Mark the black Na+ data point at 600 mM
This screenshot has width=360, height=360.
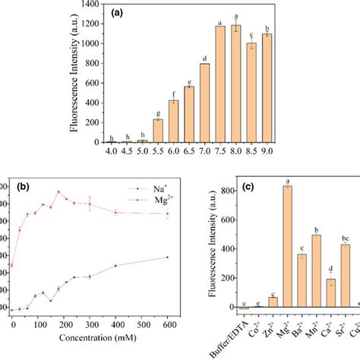tap(167, 257)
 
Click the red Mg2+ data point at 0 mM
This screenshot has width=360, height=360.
tap(12, 266)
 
